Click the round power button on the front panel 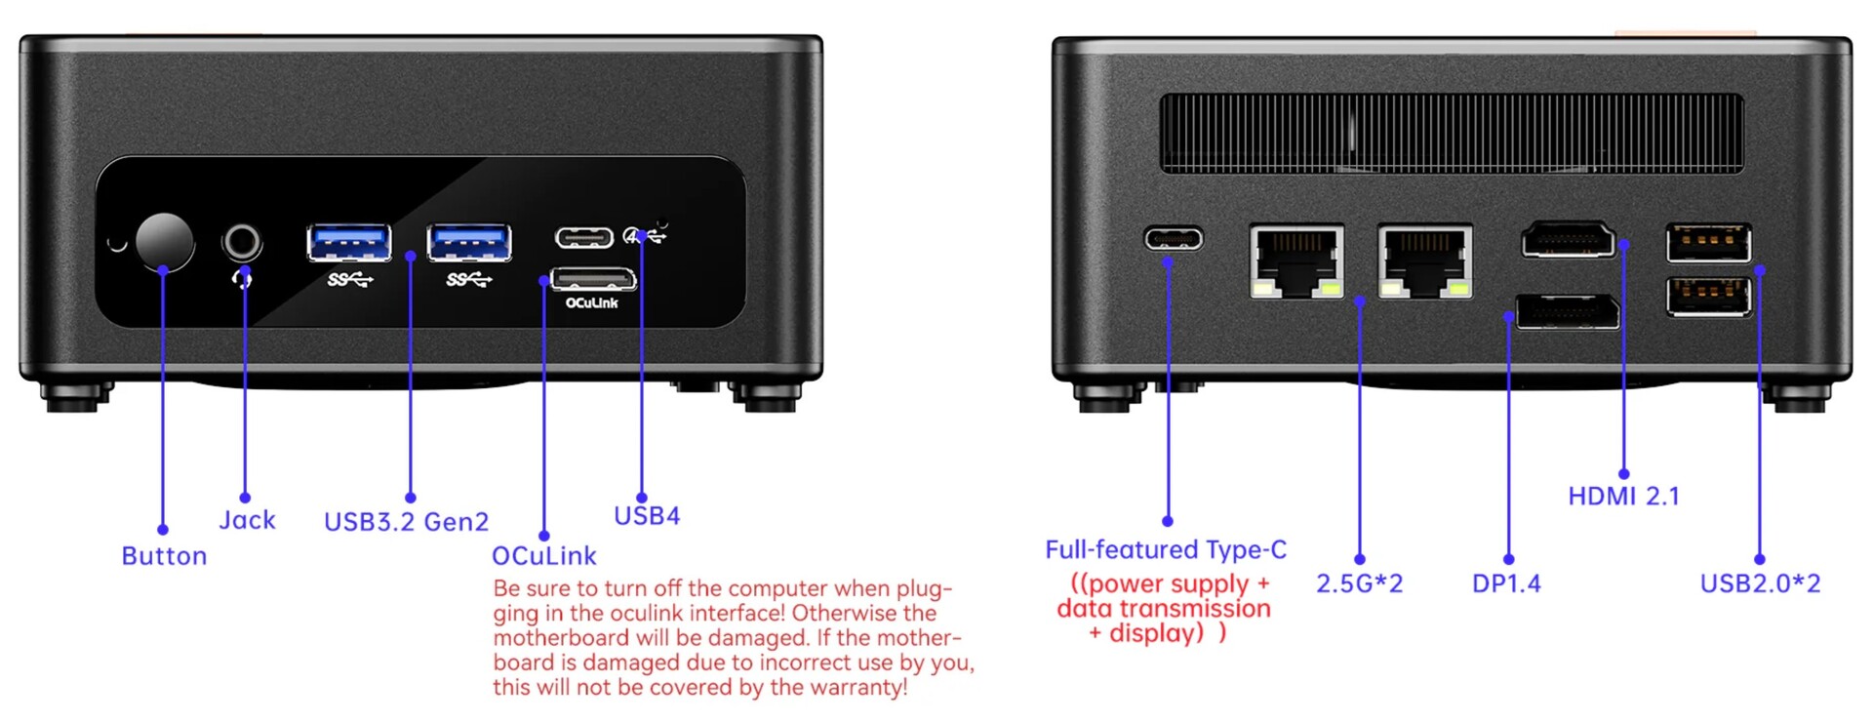click(164, 241)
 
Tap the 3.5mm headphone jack click(242, 241)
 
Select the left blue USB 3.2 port click(349, 242)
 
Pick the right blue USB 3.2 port click(469, 242)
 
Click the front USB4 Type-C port click(583, 237)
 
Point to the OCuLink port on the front click(593, 279)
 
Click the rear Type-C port click(1173, 238)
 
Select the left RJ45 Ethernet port click(1296, 261)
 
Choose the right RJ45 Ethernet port click(1425, 261)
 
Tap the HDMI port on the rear click(1568, 239)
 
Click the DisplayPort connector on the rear click(1568, 311)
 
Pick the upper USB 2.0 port click(1708, 242)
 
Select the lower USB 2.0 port click(1708, 297)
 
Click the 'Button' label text click(164, 556)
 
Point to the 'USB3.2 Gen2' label click(406, 522)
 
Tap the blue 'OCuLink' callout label click(543, 556)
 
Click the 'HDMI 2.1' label click(1623, 497)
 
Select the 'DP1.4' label click(1506, 583)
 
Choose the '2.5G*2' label click(1359, 583)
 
